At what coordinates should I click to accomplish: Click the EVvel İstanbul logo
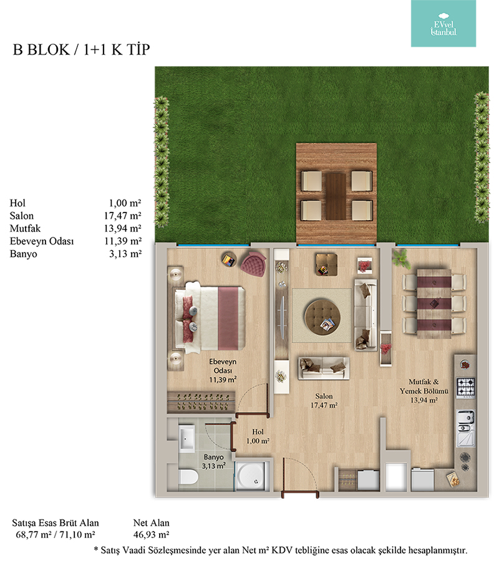coord(443,24)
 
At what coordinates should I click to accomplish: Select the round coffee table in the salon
coord(322,316)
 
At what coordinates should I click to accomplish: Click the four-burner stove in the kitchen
coord(466,387)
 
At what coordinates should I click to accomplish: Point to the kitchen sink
coord(466,428)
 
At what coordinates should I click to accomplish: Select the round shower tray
coord(251,476)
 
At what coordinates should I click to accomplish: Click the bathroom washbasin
coord(187,438)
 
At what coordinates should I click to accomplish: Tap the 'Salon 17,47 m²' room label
coord(324,401)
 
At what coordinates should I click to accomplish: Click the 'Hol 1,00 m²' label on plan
coord(258,436)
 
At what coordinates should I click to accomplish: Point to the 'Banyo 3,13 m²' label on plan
coord(214,461)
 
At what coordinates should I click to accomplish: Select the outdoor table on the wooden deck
coord(336,196)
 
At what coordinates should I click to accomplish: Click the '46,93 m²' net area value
coord(151,535)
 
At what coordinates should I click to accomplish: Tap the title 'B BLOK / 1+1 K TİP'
coord(81,50)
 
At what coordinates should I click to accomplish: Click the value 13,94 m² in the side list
coord(122,228)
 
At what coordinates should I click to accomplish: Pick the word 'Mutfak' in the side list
coord(25,228)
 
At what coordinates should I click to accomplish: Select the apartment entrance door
coord(301,494)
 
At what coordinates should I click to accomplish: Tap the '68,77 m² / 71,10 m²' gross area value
coord(56,535)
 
